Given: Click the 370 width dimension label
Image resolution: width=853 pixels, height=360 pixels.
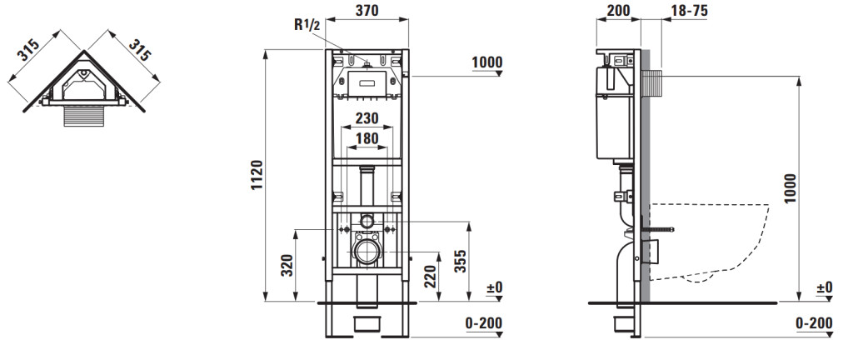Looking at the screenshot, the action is click(x=367, y=10).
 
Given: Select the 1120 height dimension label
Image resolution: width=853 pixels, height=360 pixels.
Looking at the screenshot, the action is click(x=257, y=175).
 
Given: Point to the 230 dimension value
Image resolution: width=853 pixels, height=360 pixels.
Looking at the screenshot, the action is click(x=367, y=118).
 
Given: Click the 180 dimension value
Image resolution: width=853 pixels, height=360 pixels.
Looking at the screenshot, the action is click(x=367, y=138).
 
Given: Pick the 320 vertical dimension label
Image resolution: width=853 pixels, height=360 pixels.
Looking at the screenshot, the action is click(x=287, y=265).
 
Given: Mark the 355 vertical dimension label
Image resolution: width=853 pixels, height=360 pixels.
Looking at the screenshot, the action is click(x=460, y=261).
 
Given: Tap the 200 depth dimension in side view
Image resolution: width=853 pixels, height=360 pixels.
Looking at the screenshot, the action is click(x=619, y=10).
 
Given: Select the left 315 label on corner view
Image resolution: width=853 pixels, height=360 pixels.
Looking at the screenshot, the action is click(x=28, y=49).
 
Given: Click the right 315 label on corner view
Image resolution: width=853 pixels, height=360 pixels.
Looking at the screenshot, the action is click(x=139, y=49).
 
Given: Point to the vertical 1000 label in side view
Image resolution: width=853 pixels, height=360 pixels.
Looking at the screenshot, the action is click(x=791, y=188).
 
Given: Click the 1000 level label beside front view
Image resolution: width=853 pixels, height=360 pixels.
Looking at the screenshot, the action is click(x=486, y=62).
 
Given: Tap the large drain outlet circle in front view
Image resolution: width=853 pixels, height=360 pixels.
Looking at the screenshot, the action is click(x=367, y=252).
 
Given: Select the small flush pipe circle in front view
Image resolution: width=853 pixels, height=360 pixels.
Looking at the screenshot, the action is click(x=367, y=221).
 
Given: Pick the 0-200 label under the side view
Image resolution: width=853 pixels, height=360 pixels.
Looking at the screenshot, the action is click(x=814, y=323).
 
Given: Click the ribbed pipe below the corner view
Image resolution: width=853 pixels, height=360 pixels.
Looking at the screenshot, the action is click(x=83, y=116).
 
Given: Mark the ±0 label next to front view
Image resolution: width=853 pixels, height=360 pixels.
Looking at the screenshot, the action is click(x=495, y=287).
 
